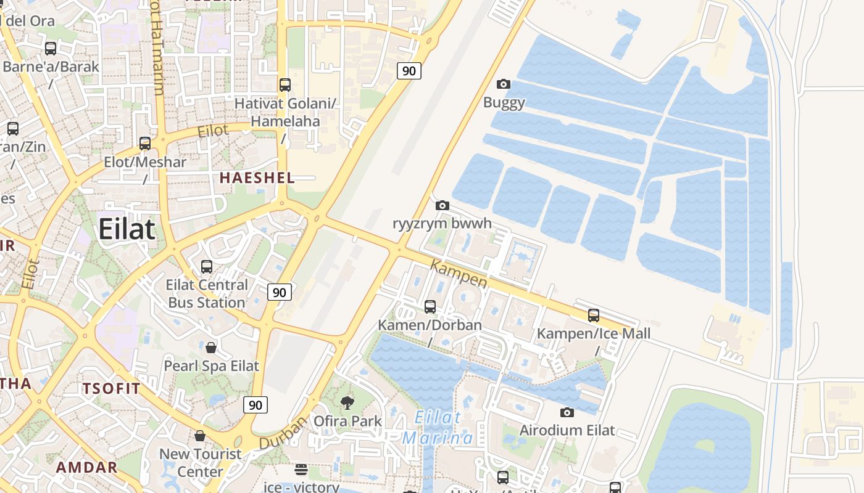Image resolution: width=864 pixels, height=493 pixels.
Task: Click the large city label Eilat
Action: point(127,229)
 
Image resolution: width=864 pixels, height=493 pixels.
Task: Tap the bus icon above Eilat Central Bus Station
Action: point(207,267)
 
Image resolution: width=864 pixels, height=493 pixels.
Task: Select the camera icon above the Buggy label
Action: point(504,84)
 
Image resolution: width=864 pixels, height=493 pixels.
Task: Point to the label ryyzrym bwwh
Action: point(442,223)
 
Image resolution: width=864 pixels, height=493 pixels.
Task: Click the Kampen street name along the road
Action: point(459,274)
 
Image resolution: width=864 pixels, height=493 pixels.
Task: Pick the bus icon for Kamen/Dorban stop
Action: point(430,306)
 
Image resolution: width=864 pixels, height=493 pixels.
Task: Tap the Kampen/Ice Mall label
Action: point(593,334)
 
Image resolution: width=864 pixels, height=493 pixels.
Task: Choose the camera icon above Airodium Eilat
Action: point(567,412)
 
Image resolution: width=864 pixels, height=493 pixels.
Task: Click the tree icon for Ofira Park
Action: point(347,403)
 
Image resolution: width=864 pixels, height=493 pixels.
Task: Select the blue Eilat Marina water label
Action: point(438,428)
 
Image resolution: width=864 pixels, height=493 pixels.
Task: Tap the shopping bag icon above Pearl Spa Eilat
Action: point(211,348)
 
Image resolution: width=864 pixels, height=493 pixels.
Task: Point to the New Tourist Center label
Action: point(201,463)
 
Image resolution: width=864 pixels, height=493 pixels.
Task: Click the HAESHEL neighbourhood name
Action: point(257,178)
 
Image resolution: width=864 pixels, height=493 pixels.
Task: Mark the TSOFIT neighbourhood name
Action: point(112,388)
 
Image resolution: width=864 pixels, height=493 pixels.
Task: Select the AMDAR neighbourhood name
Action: point(86,467)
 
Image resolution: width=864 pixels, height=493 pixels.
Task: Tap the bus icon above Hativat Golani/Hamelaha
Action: point(285,85)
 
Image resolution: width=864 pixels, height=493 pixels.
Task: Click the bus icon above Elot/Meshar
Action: point(145,144)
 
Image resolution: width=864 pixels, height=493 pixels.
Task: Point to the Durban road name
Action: point(283,433)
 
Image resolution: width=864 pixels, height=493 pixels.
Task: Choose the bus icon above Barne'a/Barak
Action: point(51,48)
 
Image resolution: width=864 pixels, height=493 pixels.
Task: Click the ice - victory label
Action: point(301,487)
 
